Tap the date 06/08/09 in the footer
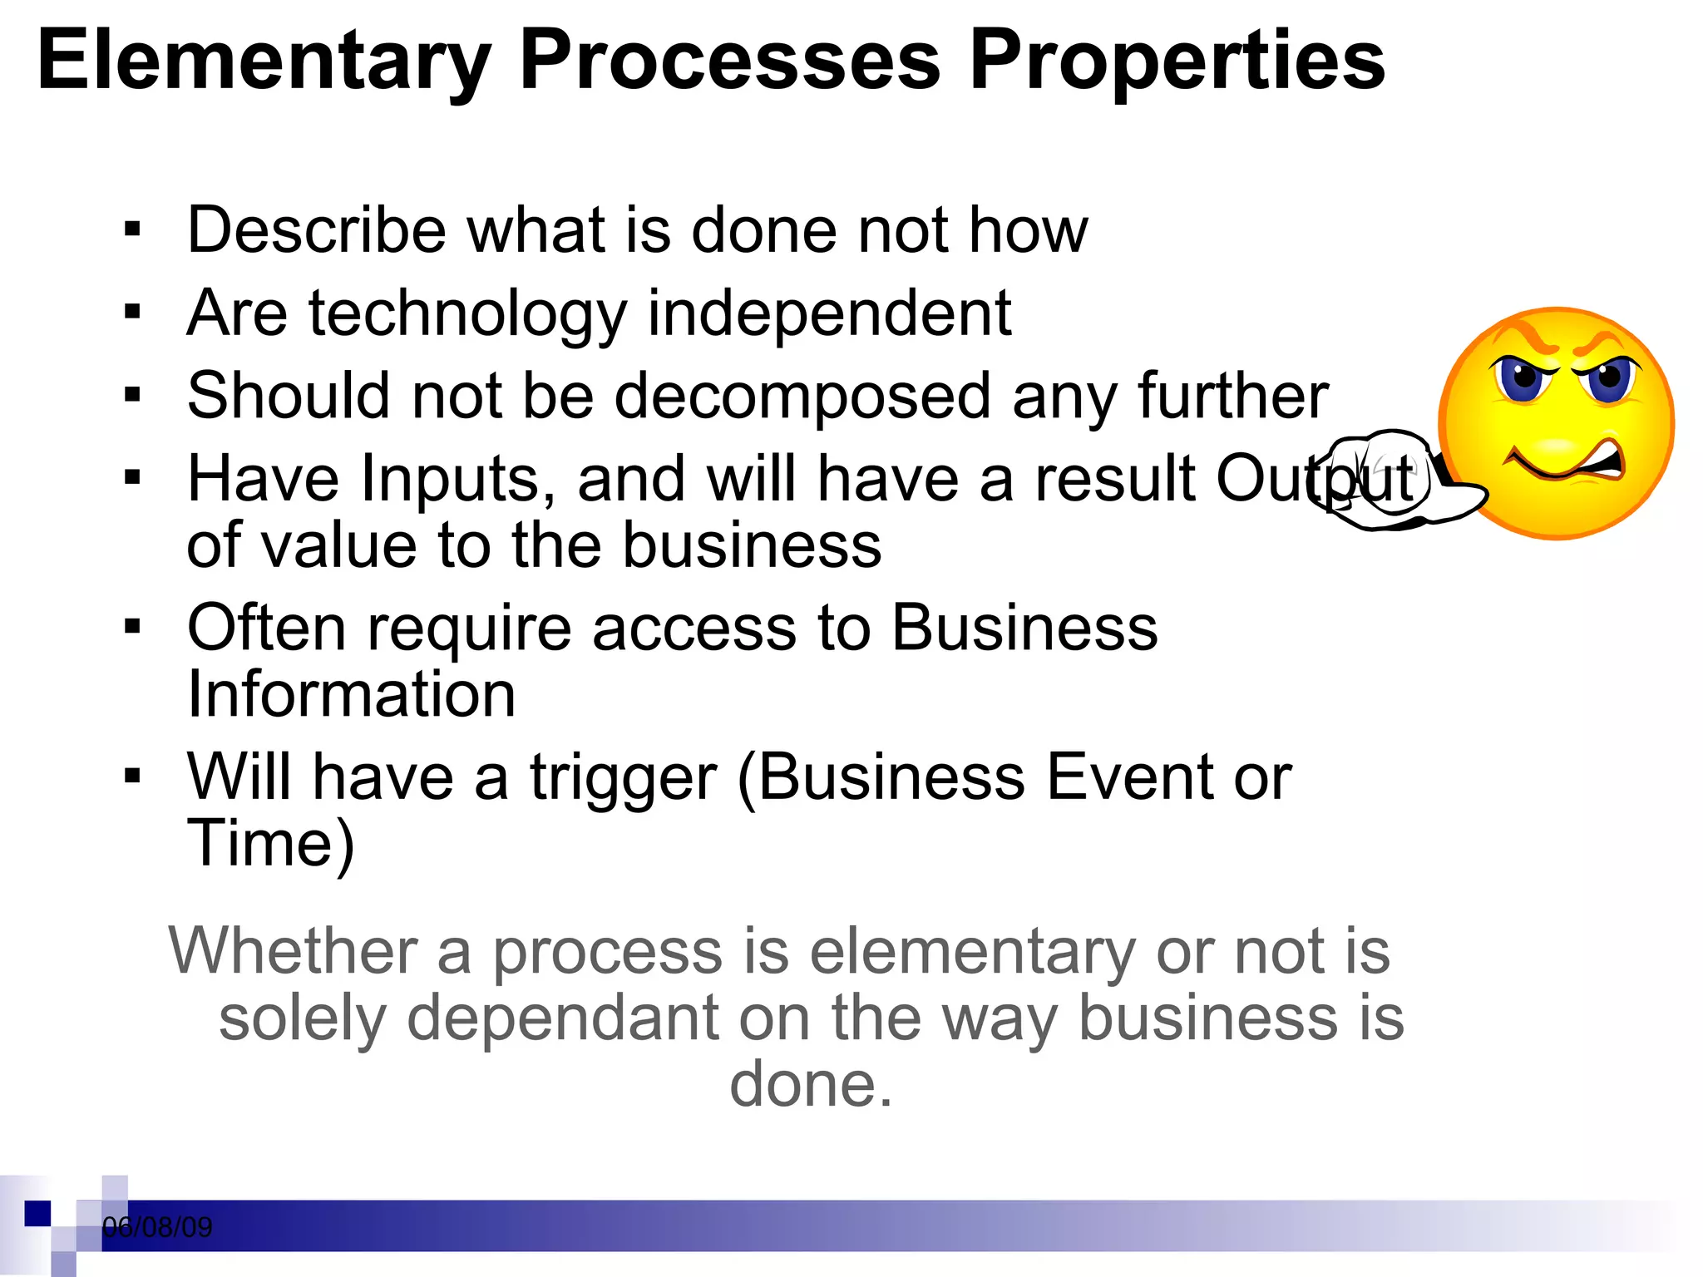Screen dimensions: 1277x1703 coord(157,1227)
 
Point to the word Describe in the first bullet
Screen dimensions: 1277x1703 coord(317,230)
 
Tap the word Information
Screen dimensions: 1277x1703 coord(351,694)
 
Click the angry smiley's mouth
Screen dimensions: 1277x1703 coord(1563,461)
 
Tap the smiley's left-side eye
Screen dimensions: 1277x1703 coord(1524,377)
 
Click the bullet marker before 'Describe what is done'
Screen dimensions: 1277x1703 coord(132,229)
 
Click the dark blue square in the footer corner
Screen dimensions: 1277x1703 coord(37,1213)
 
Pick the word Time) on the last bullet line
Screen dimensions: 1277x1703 coord(271,845)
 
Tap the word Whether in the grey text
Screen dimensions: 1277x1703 coord(294,951)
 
